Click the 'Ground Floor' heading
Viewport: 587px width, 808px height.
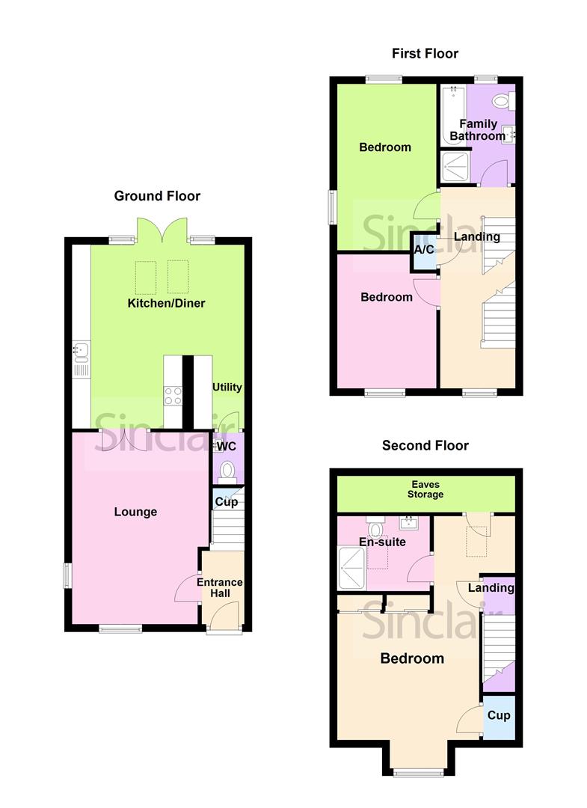coord(157,196)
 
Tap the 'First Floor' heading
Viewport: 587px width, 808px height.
coord(425,53)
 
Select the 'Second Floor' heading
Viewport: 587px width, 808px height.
coord(425,445)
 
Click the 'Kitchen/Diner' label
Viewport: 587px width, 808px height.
coord(166,303)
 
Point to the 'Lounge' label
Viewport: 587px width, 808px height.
coord(135,512)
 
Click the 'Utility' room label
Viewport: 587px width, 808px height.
coord(227,387)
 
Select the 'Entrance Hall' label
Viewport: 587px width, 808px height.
coord(220,587)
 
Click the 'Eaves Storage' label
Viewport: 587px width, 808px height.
coord(425,489)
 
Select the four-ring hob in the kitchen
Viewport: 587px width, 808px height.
coord(173,394)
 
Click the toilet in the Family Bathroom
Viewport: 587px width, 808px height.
coord(500,100)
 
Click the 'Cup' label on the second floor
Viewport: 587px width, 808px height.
coord(499,715)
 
